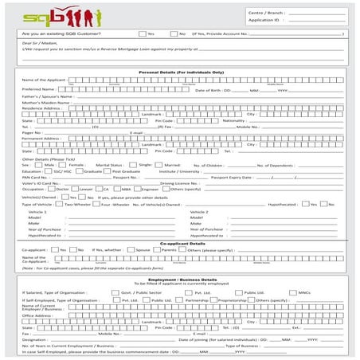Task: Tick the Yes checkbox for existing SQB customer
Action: point(142,34)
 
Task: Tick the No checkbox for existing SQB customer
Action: point(174,34)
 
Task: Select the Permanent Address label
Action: point(40,138)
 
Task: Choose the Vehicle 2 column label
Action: point(199,211)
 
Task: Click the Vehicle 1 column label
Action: point(37,211)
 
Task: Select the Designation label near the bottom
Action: point(35,338)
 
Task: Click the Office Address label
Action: point(37,315)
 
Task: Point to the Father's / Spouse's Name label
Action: point(45,96)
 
